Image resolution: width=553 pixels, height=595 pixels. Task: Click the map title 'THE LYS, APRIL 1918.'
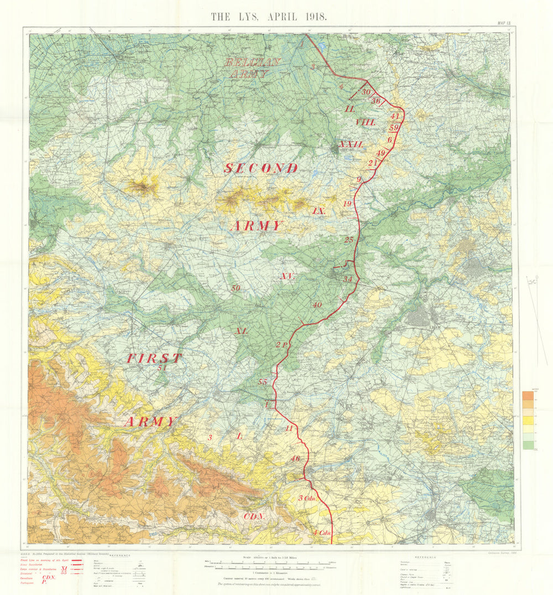[269, 16]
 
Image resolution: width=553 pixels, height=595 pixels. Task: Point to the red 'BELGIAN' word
[253, 62]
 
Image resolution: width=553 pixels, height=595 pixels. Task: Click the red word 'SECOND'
[260, 168]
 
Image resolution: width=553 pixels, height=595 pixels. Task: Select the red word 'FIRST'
[154, 358]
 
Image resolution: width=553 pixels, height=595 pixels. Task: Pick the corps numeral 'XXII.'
[352, 144]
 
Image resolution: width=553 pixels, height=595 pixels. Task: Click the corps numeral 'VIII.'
[366, 122]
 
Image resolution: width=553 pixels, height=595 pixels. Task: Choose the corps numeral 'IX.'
[319, 211]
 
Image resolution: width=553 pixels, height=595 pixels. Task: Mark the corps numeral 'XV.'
[287, 276]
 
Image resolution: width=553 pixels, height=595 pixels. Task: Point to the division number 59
[394, 128]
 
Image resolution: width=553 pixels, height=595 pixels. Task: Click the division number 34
[347, 279]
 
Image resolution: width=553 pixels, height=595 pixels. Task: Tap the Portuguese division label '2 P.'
[281, 345]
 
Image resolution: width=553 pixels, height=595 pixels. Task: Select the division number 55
[263, 382]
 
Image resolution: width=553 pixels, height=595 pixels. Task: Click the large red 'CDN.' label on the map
[254, 516]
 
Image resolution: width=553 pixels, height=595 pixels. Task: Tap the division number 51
[161, 368]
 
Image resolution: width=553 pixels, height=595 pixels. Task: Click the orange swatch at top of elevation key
[528, 396]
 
